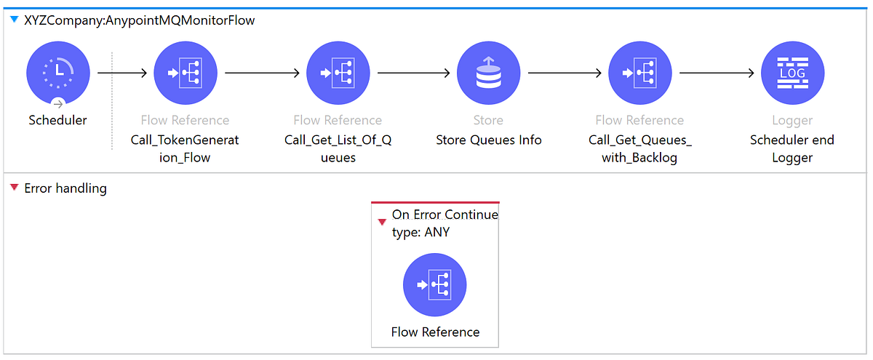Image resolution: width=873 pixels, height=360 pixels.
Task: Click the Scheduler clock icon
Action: pos(58,73)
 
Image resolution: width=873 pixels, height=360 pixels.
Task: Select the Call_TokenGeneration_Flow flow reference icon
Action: pos(185,73)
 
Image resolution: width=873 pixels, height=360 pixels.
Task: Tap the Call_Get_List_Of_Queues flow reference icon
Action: pos(338,73)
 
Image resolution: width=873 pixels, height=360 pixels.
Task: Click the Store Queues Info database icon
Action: pos(488,73)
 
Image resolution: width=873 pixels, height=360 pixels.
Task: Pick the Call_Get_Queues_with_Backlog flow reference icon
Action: pos(639,73)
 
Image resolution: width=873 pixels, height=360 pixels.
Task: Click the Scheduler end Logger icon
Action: pos(792,73)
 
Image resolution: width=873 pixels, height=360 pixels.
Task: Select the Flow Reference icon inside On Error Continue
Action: pos(435,285)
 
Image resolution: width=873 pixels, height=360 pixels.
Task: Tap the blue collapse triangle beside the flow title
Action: pos(14,20)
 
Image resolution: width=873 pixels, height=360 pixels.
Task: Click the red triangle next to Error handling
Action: pos(14,188)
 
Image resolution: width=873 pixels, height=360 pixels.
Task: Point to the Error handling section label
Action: pos(65,188)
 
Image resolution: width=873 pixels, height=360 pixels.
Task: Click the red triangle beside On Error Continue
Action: pos(382,222)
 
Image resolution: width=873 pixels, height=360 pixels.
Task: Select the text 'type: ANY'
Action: pos(420,233)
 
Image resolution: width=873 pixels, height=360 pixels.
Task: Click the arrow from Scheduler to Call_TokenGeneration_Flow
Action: pos(122,73)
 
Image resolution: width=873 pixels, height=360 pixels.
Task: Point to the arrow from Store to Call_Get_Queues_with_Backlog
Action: pos(564,73)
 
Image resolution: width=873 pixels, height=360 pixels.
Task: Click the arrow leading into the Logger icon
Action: pos(716,73)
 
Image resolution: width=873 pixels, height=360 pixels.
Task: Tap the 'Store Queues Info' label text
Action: pos(488,140)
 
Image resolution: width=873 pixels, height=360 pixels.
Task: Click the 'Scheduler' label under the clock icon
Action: pos(57,120)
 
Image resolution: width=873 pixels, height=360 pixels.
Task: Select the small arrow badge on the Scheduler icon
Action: pos(58,103)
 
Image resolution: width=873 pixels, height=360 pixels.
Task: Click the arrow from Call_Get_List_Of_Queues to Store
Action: pos(412,73)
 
